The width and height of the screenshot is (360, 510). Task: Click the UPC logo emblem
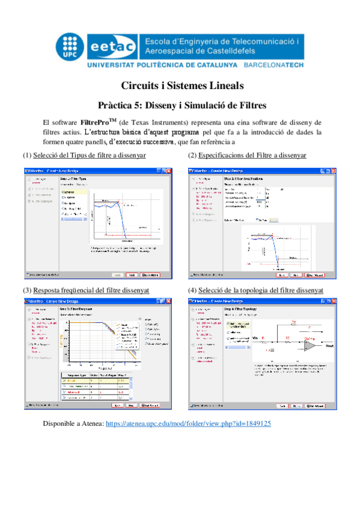[72, 45]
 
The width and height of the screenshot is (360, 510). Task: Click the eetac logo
[114, 46]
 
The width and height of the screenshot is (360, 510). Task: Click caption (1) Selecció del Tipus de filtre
[84, 156]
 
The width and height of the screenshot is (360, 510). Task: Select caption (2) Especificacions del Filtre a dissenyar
[246, 156]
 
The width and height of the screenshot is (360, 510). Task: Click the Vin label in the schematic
[255, 339]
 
